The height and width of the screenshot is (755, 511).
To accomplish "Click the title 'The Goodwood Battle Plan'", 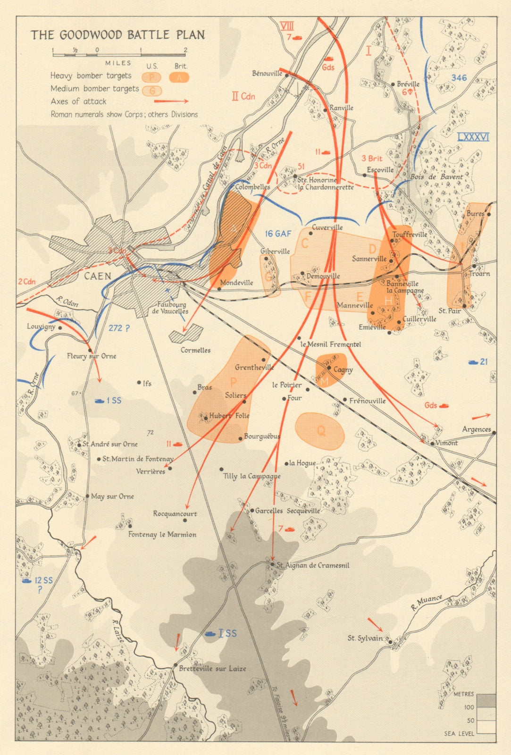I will (x=118, y=35).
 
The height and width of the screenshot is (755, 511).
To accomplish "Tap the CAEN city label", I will (x=98, y=276).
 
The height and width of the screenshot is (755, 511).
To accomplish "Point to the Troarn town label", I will (x=479, y=274).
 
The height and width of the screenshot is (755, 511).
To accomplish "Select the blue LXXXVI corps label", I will (x=473, y=137).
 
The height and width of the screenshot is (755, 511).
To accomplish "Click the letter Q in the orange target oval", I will (x=321, y=430).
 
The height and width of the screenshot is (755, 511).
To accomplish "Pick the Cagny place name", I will (x=343, y=370).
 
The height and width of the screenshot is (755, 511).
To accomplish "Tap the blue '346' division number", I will (x=459, y=78).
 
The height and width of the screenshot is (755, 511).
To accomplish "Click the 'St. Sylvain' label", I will (x=365, y=638).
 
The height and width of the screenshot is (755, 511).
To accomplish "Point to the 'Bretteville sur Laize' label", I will (x=212, y=668).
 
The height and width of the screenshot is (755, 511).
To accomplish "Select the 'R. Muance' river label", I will (x=427, y=603).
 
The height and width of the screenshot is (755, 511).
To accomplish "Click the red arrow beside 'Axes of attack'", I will (x=171, y=101).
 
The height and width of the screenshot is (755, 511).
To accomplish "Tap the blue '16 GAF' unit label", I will (x=278, y=234).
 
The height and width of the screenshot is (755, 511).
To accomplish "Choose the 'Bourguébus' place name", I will (x=262, y=436).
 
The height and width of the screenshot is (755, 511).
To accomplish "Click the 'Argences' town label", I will (x=476, y=429).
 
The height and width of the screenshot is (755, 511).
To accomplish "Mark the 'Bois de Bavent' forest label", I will (x=436, y=177).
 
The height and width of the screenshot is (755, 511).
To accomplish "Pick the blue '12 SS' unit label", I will (x=44, y=580).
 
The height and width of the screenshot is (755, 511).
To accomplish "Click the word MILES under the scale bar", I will (x=115, y=63).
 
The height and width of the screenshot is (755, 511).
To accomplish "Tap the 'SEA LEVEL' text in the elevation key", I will (x=459, y=733).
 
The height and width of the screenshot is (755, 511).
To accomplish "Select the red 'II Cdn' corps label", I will (x=243, y=96).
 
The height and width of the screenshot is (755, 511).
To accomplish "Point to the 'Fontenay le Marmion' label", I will (x=162, y=535).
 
